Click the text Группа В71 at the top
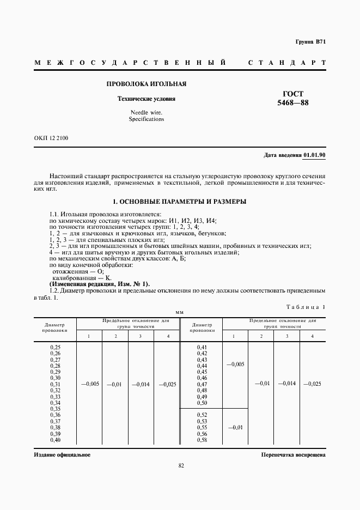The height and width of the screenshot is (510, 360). tap(310, 42)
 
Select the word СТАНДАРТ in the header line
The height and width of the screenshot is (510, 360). tap(286, 63)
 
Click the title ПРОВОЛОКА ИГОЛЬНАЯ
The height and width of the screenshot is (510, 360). tap(147, 84)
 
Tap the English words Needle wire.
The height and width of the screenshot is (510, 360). tap(147, 112)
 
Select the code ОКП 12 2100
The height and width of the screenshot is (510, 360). tap(51, 138)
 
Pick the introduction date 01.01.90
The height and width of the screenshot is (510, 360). tap(314, 155)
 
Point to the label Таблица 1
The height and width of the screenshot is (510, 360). tap(306, 307)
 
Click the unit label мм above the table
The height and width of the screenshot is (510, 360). tap(179, 312)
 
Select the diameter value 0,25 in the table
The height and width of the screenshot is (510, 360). tap(55, 347)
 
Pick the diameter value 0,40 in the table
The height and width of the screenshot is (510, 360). tap(55, 440)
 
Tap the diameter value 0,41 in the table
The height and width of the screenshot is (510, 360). tap(202, 347)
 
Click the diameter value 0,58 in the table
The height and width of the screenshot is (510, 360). tap(202, 440)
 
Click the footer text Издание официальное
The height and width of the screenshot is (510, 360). tap(62, 454)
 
